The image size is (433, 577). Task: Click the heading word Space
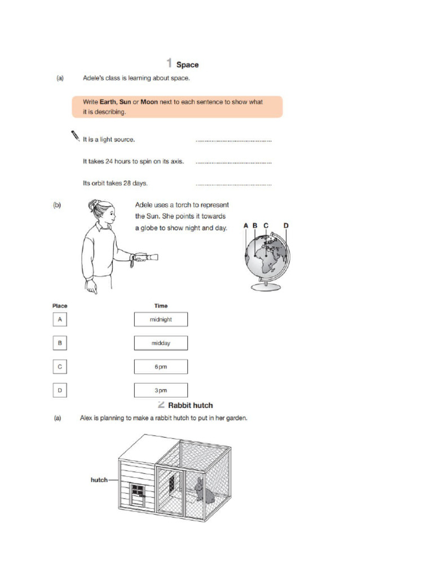tap(187, 65)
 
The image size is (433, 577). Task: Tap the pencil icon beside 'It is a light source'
tap(74, 135)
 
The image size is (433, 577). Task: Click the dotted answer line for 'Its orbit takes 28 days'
tap(233, 184)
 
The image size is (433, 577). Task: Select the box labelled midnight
tap(161, 319)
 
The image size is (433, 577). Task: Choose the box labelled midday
tap(161, 343)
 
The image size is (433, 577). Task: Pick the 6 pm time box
tap(161, 367)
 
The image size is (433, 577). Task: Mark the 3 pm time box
tap(161, 390)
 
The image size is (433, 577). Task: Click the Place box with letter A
tap(60, 319)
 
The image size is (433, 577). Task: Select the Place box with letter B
tap(60, 343)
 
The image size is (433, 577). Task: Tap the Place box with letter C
tap(60, 367)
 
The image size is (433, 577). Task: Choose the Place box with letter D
tap(60, 390)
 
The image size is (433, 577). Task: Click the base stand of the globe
tap(265, 287)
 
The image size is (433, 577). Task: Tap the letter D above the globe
tap(286, 225)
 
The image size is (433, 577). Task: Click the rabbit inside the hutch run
tap(204, 491)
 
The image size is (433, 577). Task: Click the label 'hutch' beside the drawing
tap(99, 480)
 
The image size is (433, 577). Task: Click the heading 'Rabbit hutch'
tap(191, 405)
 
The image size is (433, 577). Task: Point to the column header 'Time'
tap(161, 306)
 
